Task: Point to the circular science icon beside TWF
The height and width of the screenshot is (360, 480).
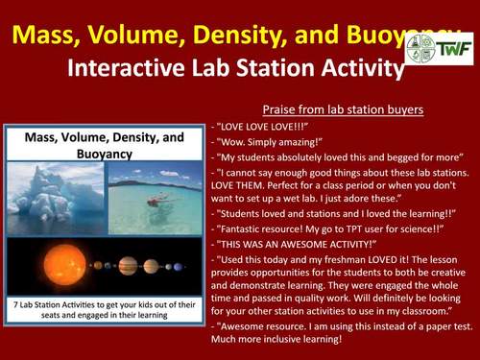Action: (x=421, y=48)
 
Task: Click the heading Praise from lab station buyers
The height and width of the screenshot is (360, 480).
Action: (x=343, y=108)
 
